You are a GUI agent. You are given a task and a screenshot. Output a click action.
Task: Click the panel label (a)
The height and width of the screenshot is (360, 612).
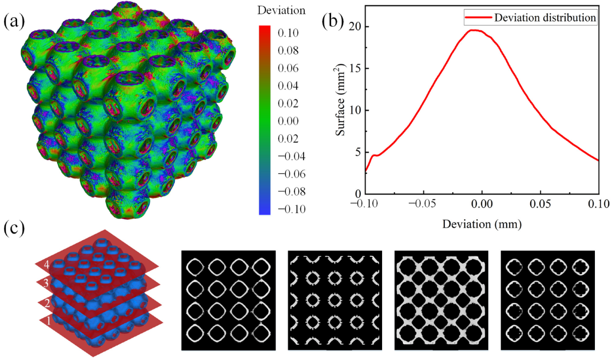[x=14, y=21]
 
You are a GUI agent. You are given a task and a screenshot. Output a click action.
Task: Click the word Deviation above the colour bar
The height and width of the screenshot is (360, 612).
[x=281, y=10]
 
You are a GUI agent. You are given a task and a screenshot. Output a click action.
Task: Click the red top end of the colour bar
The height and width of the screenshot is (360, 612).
[x=265, y=29]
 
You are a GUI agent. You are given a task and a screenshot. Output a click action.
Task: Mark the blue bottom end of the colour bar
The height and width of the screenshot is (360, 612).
[x=265, y=211]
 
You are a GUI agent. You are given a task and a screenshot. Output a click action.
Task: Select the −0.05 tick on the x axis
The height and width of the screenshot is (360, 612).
[x=423, y=204]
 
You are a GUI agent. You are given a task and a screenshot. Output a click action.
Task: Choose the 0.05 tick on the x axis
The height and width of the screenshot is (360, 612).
[x=540, y=204]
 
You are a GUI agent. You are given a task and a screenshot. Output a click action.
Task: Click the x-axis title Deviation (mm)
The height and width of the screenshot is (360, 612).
[x=482, y=224]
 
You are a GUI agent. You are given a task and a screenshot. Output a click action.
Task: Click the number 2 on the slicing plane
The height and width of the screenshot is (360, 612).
[x=47, y=302]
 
